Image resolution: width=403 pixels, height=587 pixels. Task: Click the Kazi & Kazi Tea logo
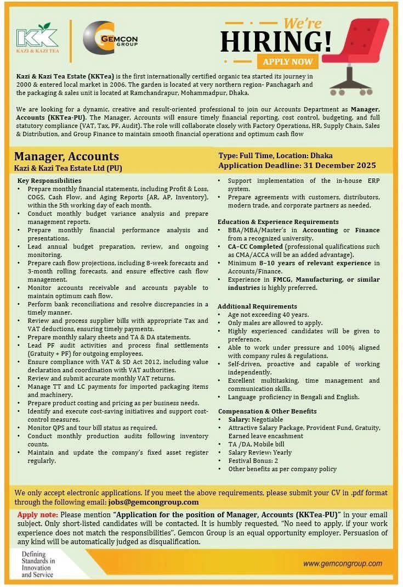pyautogui.click(x=37, y=42)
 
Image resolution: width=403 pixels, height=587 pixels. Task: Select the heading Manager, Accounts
pyautogui.click(x=66, y=157)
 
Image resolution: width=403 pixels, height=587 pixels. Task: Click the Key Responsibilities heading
pyautogui.click(x=49, y=180)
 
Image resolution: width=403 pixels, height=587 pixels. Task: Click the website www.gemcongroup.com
pyautogui.click(x=343, y=563)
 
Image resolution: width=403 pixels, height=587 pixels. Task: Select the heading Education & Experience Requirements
pyautogui.click(x=271, y=222)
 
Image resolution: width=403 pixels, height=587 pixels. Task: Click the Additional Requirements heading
pyautogui.click(x=257, y=306)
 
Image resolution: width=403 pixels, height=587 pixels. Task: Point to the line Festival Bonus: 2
pyautogui.click(x=256, y=461)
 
